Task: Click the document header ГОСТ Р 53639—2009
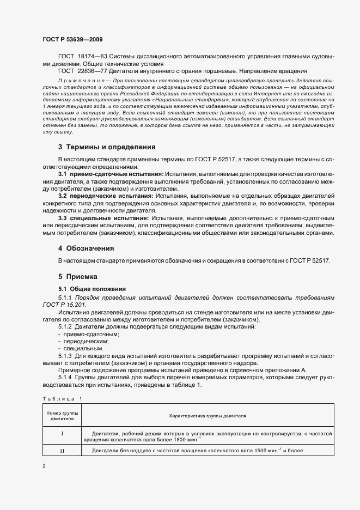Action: pos(72,40)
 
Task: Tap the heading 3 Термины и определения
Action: pos(107,147)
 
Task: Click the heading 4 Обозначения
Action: pos(86,248)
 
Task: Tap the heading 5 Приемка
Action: pos(77,277)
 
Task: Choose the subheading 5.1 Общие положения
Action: pos(91,289)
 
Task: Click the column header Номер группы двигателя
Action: pos(62,416)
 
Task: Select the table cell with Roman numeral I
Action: pos(62,434)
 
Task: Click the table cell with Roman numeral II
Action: pos(62,451)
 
